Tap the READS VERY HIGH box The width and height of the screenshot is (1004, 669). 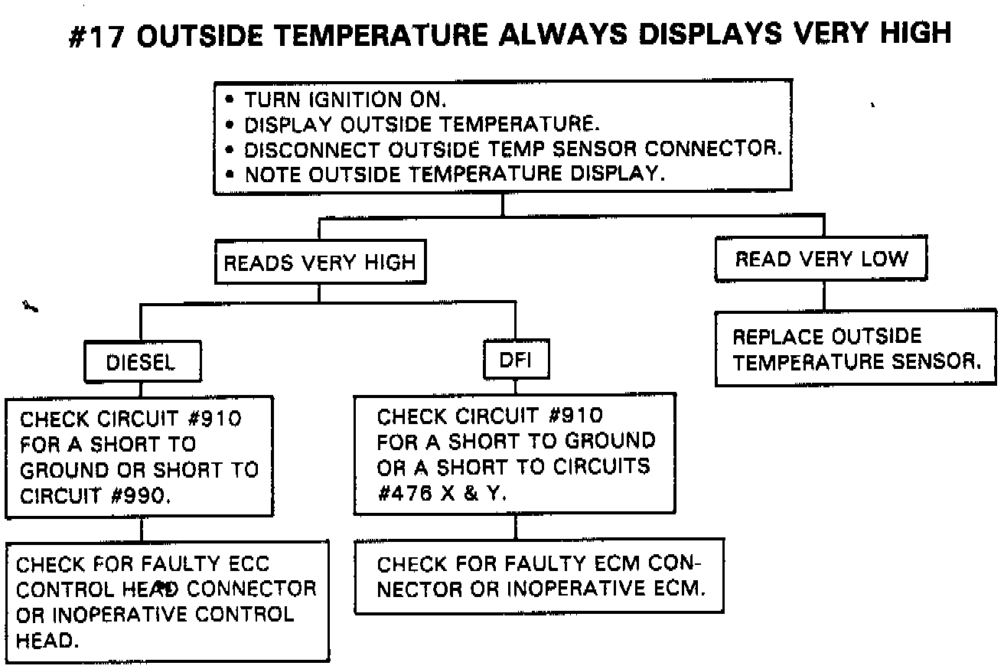319,263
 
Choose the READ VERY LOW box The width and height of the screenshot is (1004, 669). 821,260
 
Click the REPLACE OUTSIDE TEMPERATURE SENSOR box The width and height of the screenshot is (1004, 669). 856,349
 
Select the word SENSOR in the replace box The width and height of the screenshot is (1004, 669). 939,361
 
